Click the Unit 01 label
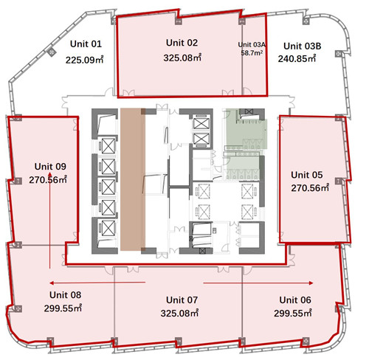pos(86,44)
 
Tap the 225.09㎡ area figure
pos(84,60)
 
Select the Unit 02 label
pos(182,43)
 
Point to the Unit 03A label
pos(252,45)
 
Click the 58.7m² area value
pos(252,53)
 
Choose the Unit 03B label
pos(303,46)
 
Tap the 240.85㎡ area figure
pos(297,59)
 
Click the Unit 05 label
pos(307,175)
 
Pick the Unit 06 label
pos(295,300)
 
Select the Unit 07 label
pos(182,300)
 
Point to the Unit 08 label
pos(65,295)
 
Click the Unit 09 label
pos(50,167)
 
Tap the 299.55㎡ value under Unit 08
pos(63,308)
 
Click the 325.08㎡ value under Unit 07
pos(179,314)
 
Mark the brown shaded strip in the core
pos(133,179)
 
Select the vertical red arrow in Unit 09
pos(49,221)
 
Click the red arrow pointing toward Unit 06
pos(258,283)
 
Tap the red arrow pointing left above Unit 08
pos(97,283)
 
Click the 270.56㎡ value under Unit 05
pos(310,188)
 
